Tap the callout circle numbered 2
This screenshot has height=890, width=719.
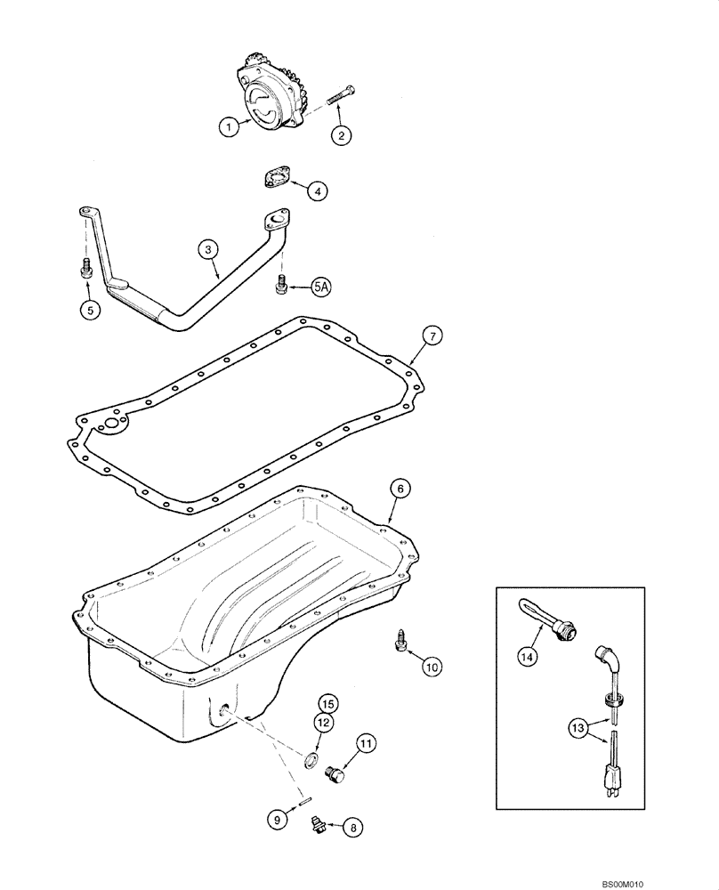click(x=340, y=135)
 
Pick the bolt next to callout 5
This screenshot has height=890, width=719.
click(x=86, y=268)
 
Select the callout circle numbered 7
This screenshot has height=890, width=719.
click(x=431, y=336)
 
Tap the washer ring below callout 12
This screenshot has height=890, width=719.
click(x=311, y=759)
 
